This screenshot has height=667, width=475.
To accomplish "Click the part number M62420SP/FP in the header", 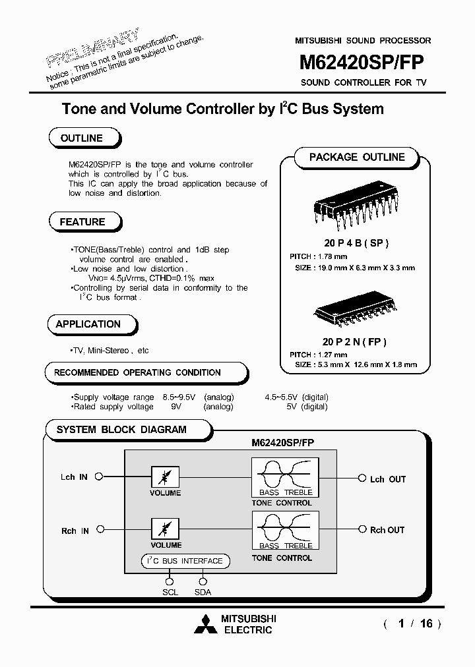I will click(x=362, y=63).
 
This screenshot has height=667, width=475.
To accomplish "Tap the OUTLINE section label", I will click(x=82, y=138).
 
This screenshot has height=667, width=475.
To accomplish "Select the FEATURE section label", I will click(x=82, y=222).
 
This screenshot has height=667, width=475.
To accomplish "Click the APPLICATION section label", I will click(x=88, y=324).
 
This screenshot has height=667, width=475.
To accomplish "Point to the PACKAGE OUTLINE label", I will click(x=357, y=158).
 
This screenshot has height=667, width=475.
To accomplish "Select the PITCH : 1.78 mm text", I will click(x=318, y=256).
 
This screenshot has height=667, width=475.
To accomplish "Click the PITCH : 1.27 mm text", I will click(x=318, y=355).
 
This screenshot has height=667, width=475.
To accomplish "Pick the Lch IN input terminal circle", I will click(x=99, y=477).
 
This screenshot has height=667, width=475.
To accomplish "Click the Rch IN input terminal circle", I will click(x=99, y=530).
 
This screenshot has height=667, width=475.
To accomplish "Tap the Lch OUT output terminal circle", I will click(x=362, y=478).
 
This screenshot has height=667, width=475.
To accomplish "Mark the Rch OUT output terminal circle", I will click(x=362, y=529).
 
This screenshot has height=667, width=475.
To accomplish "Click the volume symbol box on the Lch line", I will click(x=165, y=477).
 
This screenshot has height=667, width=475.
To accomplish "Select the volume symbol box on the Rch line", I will click(x=165, y=529).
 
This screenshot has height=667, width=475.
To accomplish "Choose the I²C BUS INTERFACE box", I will click(x=185, y=561).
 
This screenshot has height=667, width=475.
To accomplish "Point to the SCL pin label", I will click(x=170, y=592).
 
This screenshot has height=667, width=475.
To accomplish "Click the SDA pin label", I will click(x=203, y=592).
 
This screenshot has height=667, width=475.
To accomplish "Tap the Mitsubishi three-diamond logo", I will click(x=205, y=624).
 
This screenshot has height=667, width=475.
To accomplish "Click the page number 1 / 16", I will click(x=412, y=623).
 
